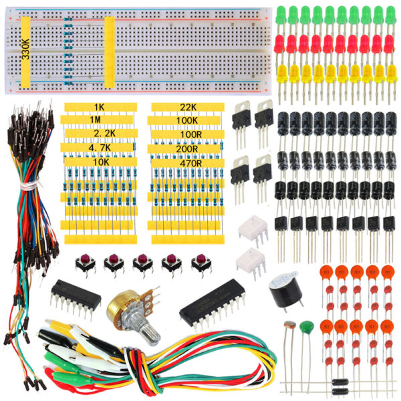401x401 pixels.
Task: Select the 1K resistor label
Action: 100,107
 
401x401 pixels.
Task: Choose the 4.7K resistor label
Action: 100,148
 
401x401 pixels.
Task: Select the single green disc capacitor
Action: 307,327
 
